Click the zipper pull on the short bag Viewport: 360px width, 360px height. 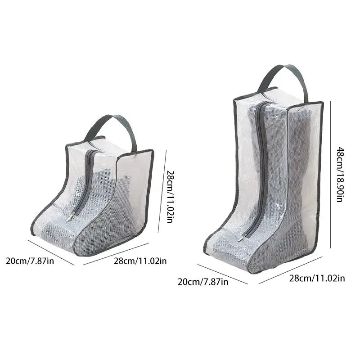click(71, 218)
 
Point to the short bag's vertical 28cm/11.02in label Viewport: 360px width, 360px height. click(170, 196)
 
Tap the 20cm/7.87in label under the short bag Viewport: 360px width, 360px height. click(30, 261)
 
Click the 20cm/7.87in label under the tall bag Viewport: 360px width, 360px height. click(203, 282)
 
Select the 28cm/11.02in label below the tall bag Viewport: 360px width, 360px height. click(317, 279)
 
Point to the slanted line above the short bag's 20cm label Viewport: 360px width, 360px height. click(50, 252)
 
